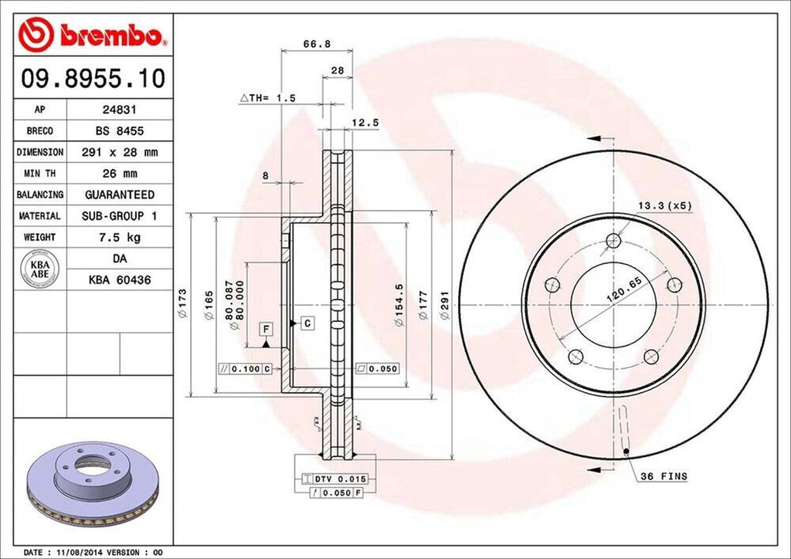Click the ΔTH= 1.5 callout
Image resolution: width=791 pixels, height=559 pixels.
click(x=267, y=98)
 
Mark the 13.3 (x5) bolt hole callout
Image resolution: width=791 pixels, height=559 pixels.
click(x=664, y=205)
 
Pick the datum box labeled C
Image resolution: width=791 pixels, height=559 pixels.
click(x=307, y=323)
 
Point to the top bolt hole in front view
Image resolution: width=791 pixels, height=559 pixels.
click(x=613, y=239)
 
